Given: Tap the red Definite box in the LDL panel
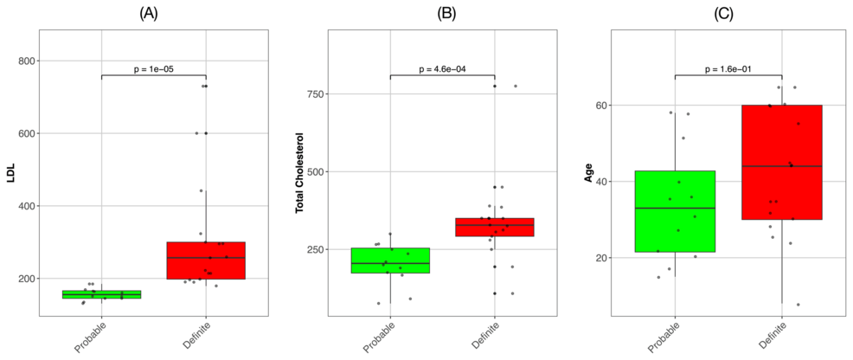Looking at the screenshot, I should click(x=205, y=260).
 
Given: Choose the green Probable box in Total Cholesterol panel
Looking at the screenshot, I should click(x=390, y=260).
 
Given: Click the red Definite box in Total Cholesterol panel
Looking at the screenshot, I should click(x=494, y=227).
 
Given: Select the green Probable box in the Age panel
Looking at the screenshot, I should click(x=676, y=211).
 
